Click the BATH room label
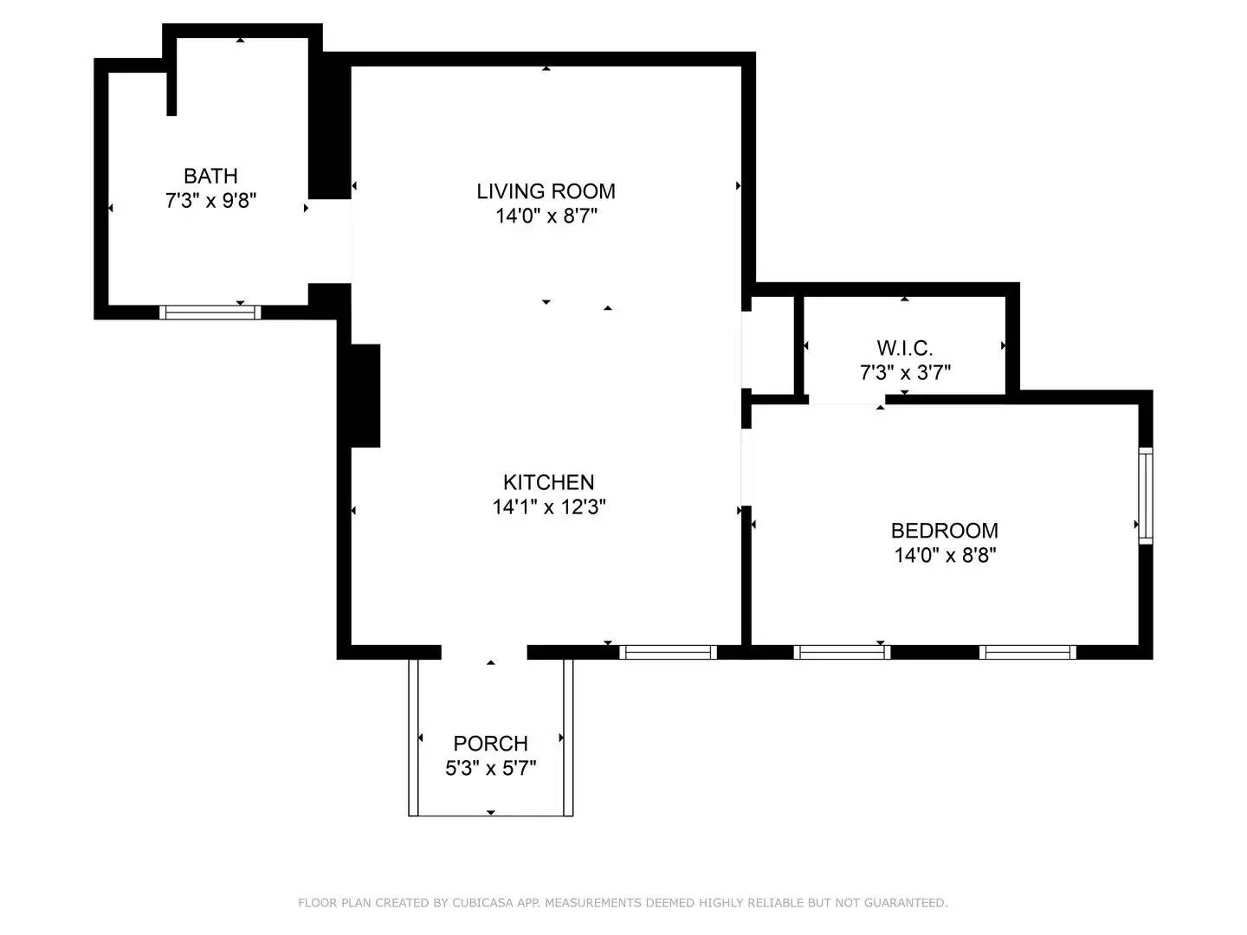click(x=210, y=176)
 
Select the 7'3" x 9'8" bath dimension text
click(x=210, y=201)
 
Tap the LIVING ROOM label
click(x=546, y=191)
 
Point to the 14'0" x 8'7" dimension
click(x=546, y=216)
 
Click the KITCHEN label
click(x=548, y=482)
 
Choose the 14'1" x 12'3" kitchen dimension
click(x=548, y=506)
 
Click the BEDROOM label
click(x=944, y=531)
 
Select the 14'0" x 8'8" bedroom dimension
click(x=945, y=555)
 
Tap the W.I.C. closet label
click(x=904, y=348)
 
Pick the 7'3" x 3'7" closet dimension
click(x=905, y=372)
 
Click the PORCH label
click(x=490, y=744)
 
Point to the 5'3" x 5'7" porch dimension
click(x=490, y=768)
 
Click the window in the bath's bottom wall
click(x=210, y=312)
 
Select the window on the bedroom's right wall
click(x=1145, y=495)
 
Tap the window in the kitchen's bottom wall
click(x=668, y=652)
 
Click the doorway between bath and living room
click(x=330, y=242)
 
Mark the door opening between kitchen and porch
click(x=484, y=652)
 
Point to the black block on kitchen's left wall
click(x=365, y=396)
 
